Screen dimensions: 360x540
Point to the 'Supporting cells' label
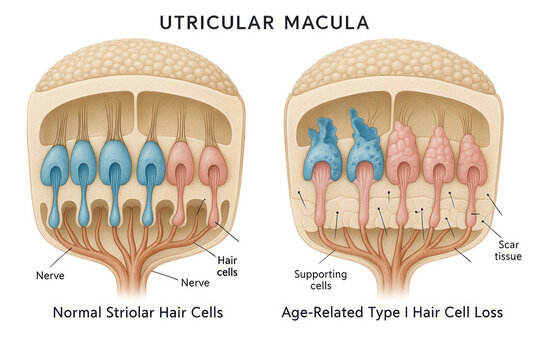pyautogui.click(x=319, y=281)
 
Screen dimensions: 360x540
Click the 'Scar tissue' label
pyautogui.click(x=508, y=249)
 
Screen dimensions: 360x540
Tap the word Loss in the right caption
pyautogui.click(x=482, y=313)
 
